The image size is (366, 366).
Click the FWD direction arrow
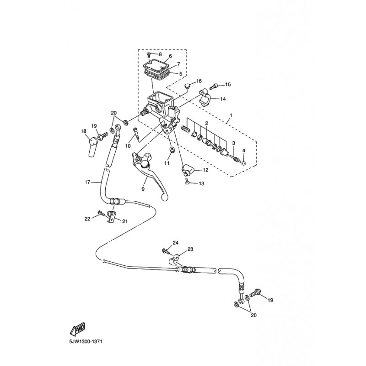[77, 329]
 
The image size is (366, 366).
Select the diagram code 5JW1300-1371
[86, 342]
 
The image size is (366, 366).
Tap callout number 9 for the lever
[143, 188]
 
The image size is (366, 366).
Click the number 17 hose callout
[87, 182]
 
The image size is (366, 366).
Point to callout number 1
[231, 115]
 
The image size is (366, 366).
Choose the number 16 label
[199, 81]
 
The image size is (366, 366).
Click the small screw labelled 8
[148, 55]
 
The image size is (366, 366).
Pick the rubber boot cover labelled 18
[93, 147]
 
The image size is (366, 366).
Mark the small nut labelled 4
[243, 163]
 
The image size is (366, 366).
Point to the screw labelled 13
[187, 182]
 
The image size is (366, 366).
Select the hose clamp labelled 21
[112, 216]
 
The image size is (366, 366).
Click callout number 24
[176, 243]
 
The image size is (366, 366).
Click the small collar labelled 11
[172, 150]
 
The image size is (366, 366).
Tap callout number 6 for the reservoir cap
[170, 56]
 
